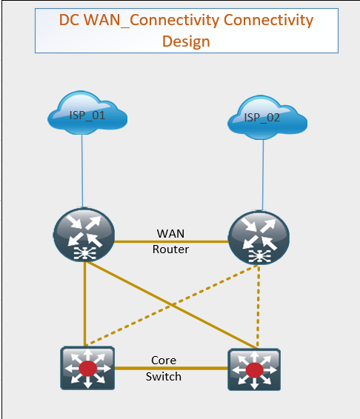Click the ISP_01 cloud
(87, 113)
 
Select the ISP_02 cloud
(267, 117)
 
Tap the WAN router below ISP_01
(84, 235)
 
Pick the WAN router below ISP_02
(259, 238)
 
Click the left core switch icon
(87, 368)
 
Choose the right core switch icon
(254, 369)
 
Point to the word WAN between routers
(170, 233)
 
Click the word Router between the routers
(170, 249)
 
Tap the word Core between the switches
(164, 361)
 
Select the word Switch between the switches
(164, 377)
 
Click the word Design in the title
(186, 41)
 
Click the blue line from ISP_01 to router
(82, 171)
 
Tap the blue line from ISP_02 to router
(263, 175)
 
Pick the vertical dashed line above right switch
(258, 306)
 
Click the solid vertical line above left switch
(84, 304)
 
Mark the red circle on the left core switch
(87, 369)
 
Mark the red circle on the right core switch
(254, 370)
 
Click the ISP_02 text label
(262, 118)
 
